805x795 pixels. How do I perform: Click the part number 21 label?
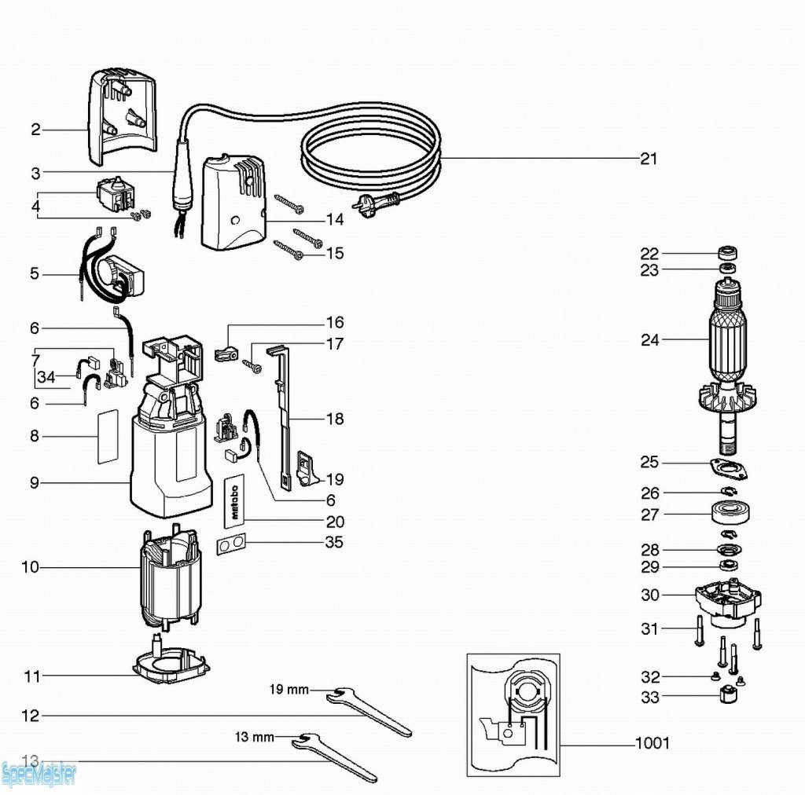(648, 159)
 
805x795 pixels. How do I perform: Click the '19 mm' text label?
(289, 690)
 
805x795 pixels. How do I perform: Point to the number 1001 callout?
(652, 742)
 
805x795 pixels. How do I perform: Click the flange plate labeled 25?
(728, 468)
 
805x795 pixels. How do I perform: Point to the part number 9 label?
(34, 483)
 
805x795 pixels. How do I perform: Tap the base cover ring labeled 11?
(172, 665)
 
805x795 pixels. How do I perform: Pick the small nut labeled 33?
(727, 697)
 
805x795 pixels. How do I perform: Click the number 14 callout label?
(335, 220)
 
